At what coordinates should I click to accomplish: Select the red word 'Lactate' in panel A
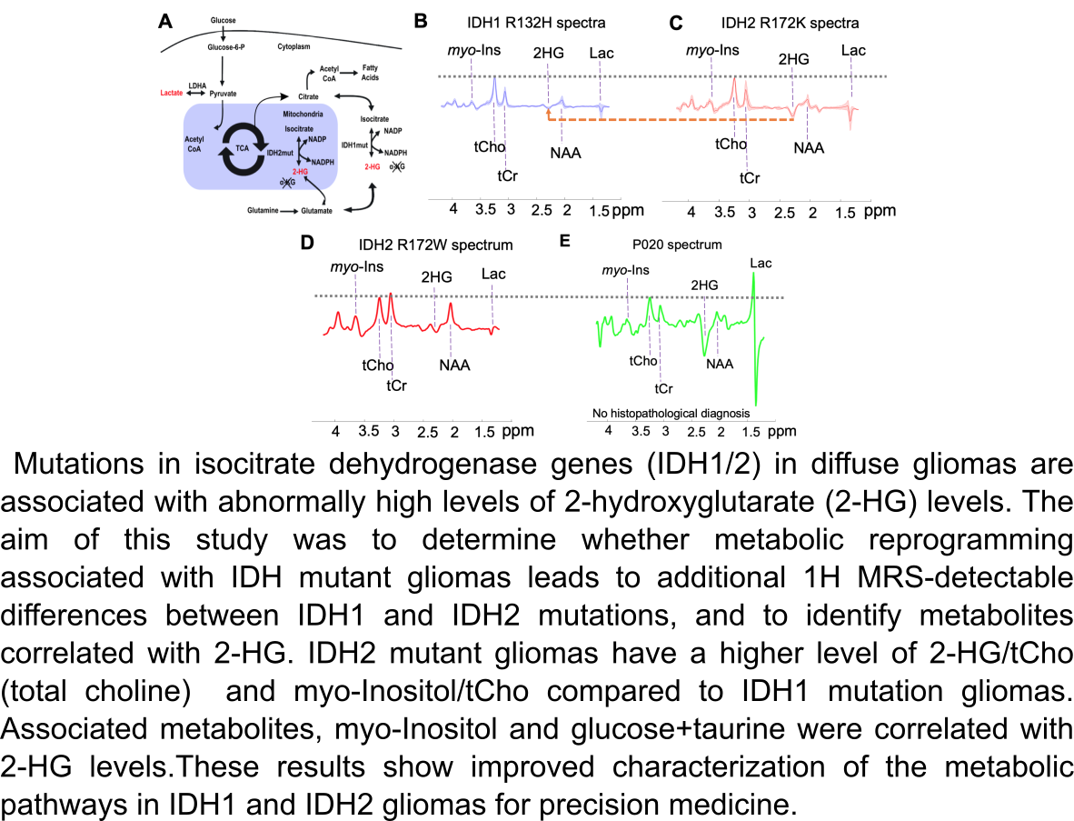pos(172,93)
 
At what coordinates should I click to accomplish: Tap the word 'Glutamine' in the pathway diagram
pos(264,210)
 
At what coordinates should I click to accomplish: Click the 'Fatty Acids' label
pos(370,73)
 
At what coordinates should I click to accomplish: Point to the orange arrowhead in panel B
pos(550,111)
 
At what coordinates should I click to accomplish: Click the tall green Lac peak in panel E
pos(754,300)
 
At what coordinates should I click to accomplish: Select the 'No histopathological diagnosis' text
pos(670,414)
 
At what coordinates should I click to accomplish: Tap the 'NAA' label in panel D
pos(454,365)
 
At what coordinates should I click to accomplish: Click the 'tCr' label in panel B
pos(507,175)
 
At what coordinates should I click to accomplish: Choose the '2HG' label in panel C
pos(793,59)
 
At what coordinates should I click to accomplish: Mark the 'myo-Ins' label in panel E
pos(627,270)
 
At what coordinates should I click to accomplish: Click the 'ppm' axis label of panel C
pos(879,211)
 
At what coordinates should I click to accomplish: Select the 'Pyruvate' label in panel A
pos(224,93)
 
